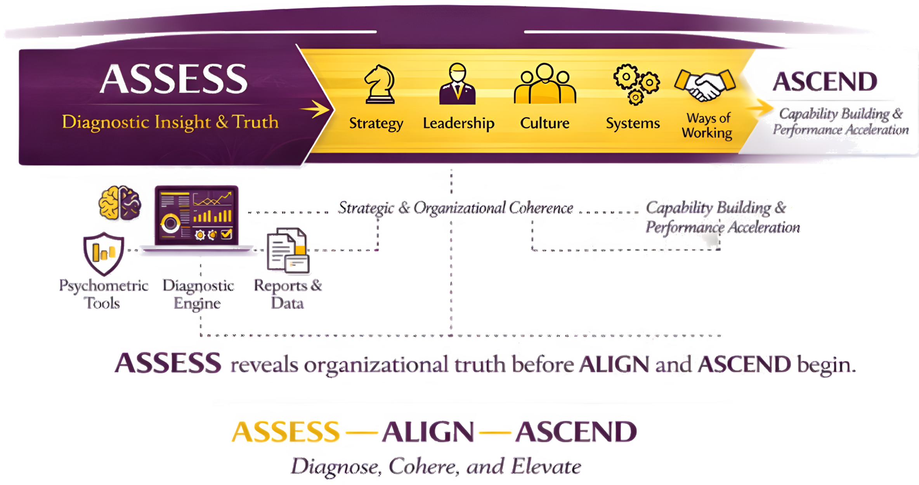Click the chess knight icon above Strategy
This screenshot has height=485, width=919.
pos(379,85)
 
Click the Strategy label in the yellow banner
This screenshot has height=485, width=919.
pos(376,123)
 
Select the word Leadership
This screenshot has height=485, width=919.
pos(458,123)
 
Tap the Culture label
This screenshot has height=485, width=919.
pos(544,123)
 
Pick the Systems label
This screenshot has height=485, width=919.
pos(633,123)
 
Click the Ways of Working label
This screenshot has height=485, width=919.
pos(707,125)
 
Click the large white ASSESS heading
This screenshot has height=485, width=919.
pos(173,79)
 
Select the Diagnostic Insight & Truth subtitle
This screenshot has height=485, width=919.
pos(170,122)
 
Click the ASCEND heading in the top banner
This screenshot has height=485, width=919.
pos(825,81)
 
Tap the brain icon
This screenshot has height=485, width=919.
pos(120,203)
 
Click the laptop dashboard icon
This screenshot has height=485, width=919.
pos(196,216)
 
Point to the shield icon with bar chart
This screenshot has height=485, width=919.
pos(103,253)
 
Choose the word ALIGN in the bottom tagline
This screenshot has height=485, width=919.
pos(428,431)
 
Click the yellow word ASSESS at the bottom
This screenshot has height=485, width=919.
pos(286,431)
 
